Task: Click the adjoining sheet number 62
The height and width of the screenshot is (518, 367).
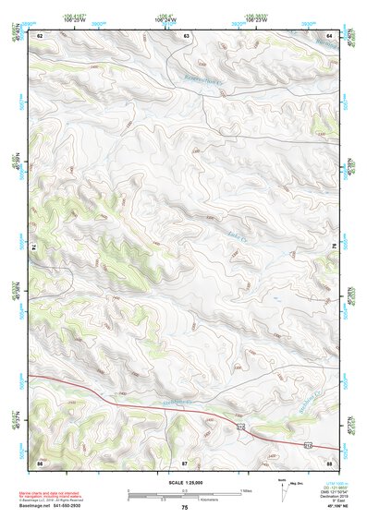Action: [x=40, y=35]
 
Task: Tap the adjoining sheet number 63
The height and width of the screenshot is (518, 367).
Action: [x=187, y=35]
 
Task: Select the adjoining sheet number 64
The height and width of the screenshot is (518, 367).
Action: [x=329, y=35]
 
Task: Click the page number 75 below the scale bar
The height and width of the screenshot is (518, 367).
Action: [x=185, y=508]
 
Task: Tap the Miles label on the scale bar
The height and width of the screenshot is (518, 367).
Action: [x=245, y=490]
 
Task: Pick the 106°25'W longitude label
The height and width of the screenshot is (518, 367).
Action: [x=76, y=18]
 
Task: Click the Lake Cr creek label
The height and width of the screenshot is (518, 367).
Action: [x=234, y=238]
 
